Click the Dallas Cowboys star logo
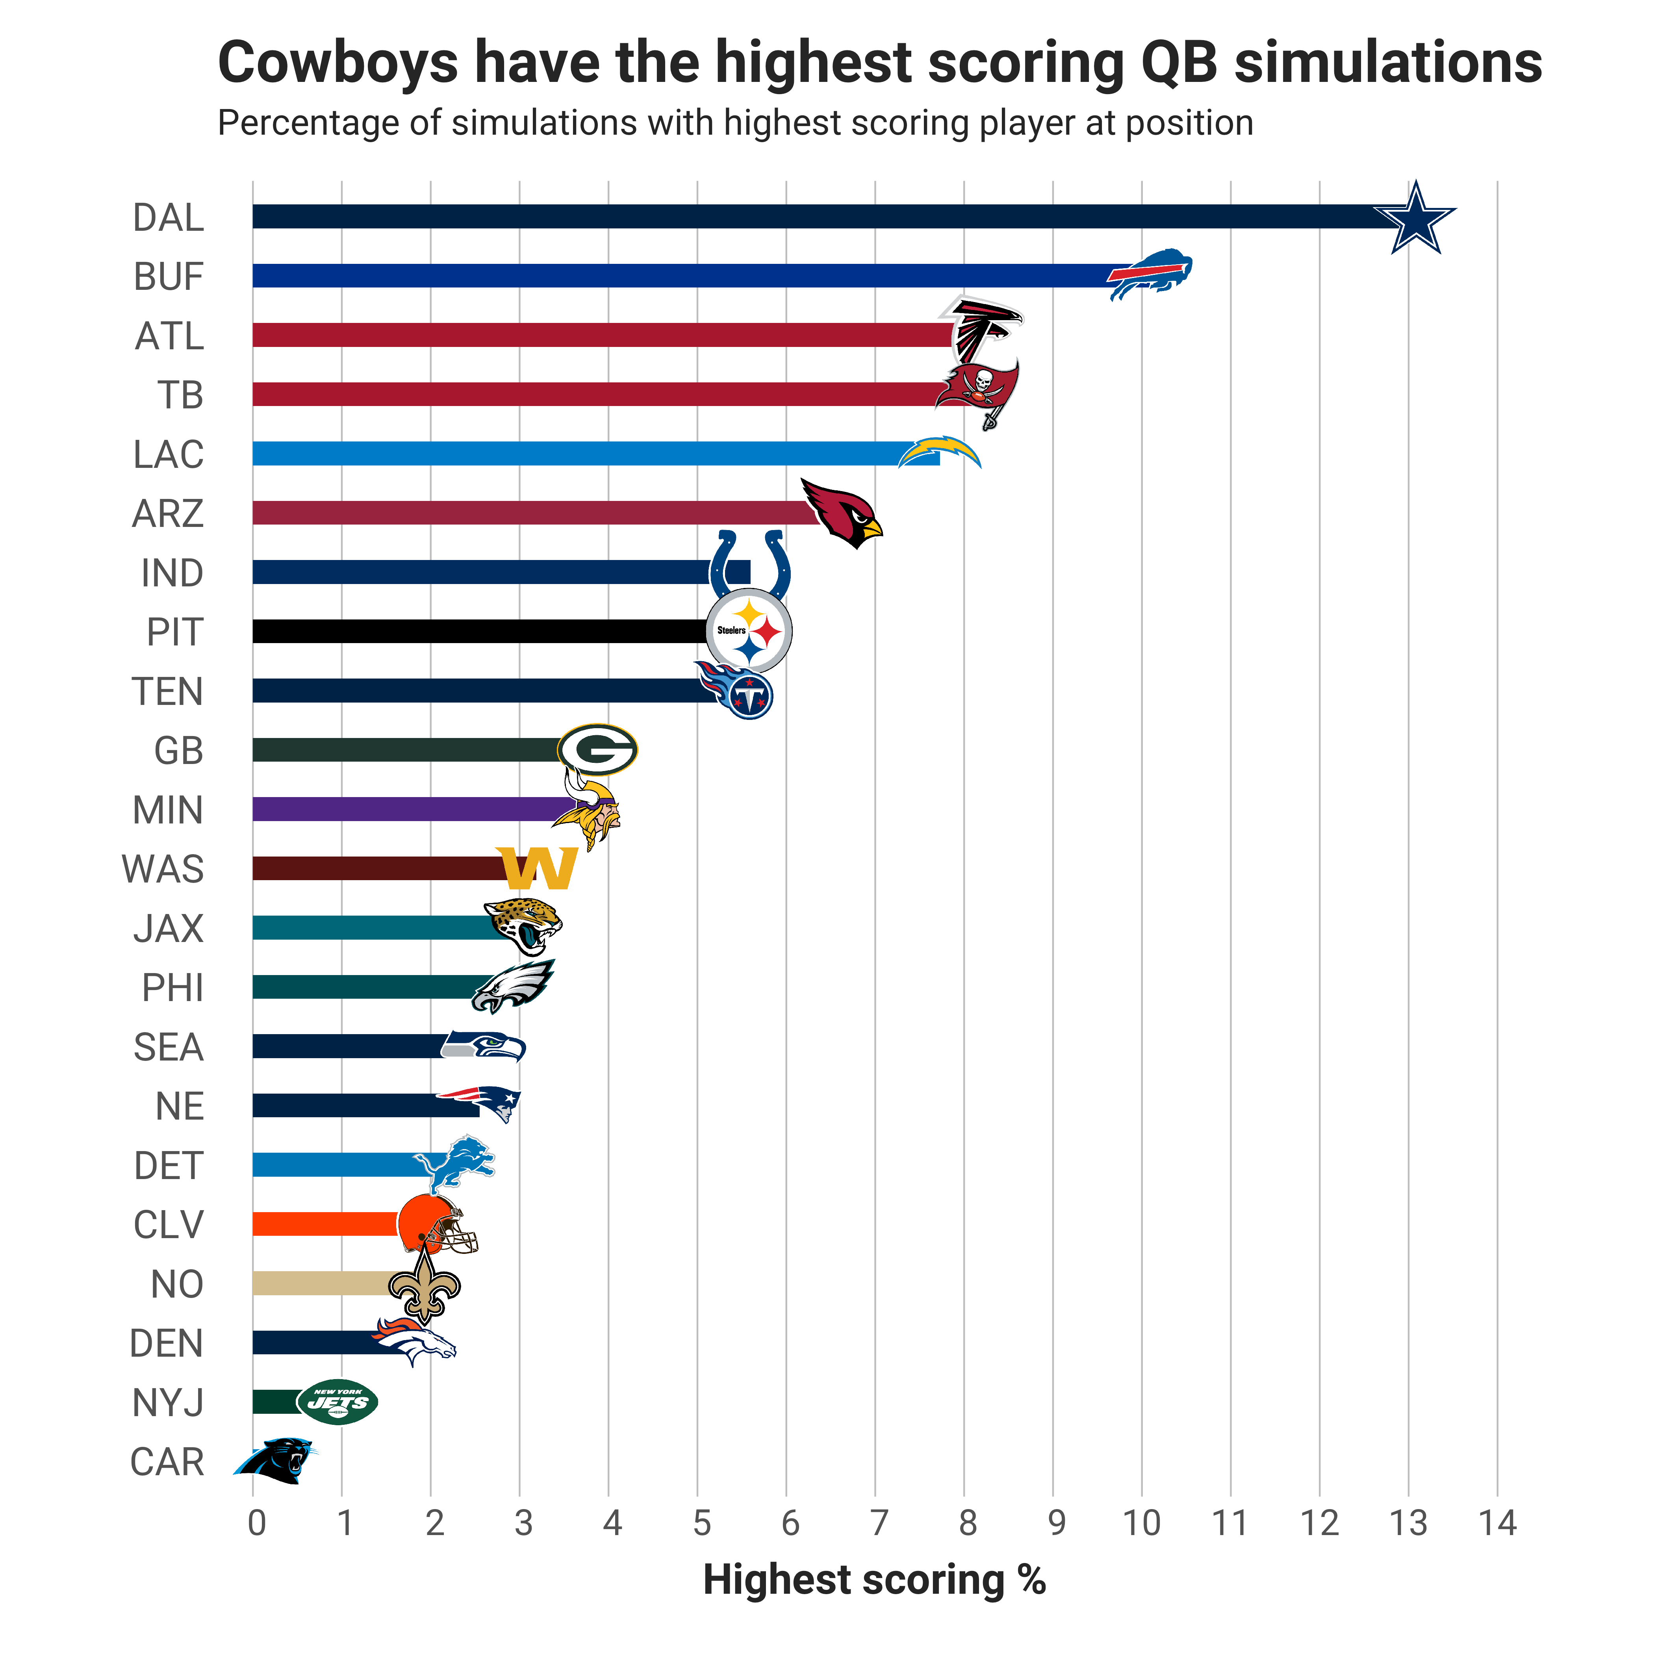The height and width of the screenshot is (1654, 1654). click(1414, 218)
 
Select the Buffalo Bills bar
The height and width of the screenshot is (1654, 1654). click(685, 276)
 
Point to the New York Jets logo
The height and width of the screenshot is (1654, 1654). click(337, 1402)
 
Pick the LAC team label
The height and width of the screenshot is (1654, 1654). click(169, 454)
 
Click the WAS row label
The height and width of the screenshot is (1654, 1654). click(163, 869)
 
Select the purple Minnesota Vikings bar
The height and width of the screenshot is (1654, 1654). click(411, 809)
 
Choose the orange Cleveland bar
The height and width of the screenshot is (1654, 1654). click(325, 1224)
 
